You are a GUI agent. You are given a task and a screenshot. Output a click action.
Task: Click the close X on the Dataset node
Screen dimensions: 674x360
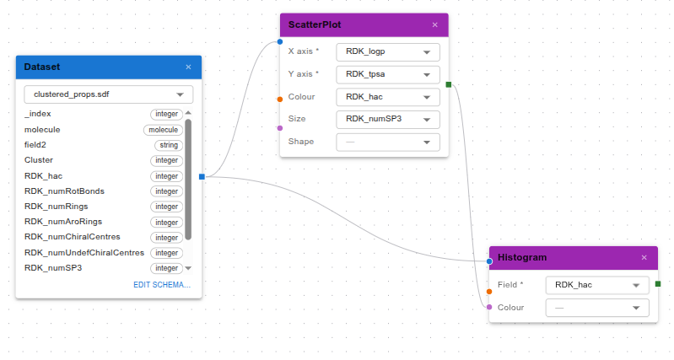point(188,67)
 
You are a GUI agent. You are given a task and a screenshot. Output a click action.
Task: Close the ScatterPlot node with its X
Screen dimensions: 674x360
point(435,25)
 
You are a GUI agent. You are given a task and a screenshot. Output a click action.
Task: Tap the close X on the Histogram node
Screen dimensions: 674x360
point(644,258)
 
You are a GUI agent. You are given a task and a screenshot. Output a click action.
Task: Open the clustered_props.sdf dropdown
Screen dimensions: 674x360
point(109,94)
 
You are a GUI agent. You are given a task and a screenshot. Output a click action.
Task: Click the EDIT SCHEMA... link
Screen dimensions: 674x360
point(162,285)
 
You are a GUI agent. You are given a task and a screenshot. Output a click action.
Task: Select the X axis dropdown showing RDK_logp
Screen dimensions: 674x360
point(388,52)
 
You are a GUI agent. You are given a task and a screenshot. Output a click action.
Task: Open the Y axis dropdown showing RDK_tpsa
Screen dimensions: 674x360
point(388,74)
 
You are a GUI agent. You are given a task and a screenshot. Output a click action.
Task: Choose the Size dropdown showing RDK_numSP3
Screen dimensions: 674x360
point(388,119)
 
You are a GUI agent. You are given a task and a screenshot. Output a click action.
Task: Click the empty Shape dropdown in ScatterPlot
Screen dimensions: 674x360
point(388,142)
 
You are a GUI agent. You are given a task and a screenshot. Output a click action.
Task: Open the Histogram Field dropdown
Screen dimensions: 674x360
point(597,285)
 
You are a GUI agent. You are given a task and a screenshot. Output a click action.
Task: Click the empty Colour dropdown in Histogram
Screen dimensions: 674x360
point(597,308)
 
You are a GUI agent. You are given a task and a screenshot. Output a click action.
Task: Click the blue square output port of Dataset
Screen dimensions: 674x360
point(202,176)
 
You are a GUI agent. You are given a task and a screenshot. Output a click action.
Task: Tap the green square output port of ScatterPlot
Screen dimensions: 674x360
point(449,84)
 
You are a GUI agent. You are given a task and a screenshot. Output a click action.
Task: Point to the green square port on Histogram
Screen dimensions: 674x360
point(658,284)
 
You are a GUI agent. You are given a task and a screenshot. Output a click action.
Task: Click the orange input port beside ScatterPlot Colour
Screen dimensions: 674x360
point(280,99)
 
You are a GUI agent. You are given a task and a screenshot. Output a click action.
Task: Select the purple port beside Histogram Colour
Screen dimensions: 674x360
point(489,307)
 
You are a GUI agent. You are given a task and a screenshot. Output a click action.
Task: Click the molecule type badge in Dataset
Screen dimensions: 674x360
point(164,130)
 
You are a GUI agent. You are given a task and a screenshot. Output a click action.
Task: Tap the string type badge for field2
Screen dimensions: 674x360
point(169,145)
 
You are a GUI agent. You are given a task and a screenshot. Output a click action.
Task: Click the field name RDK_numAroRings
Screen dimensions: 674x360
point(63,222)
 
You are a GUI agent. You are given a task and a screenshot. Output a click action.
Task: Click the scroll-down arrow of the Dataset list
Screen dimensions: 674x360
point(188,268)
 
